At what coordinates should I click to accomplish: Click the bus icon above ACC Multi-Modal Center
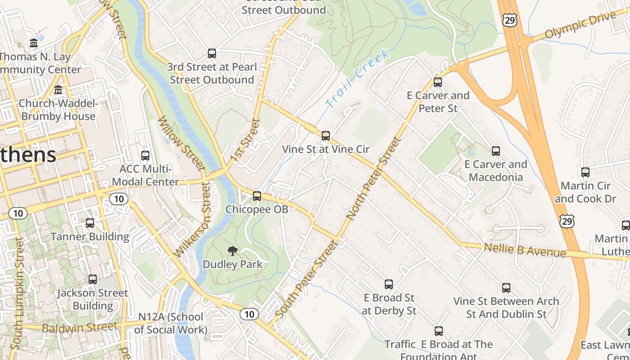tap(145, 156)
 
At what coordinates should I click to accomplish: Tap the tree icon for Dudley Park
tap(233, 251)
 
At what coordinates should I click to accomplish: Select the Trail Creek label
tap(357, 79)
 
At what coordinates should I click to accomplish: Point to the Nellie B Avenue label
tap(525, 250)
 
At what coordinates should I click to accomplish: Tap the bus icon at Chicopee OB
tap(257, 196)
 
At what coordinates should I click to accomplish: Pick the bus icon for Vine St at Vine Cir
tap(326, 135)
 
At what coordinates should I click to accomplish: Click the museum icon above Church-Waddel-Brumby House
tap(58, 90)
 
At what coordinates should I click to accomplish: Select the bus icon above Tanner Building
tap(90, 223)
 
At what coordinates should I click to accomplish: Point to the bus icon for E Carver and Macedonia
tap(496, 151)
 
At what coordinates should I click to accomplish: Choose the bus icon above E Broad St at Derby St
tap(389, 284)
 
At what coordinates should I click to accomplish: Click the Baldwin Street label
tap(81, 327)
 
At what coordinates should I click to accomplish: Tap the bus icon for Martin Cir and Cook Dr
tap(585, 172)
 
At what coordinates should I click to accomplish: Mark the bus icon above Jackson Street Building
tap(93, 279)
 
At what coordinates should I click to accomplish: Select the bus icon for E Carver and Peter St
tap(438, 82)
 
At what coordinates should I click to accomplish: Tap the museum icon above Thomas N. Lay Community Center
tap(34, 43)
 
